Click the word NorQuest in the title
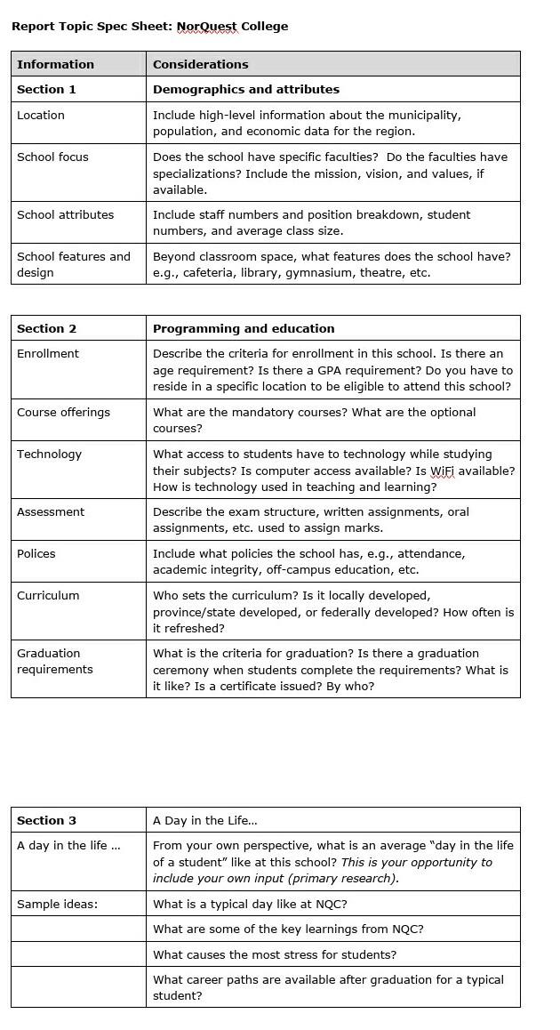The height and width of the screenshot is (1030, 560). coord(207,27)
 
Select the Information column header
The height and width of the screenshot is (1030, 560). coord(55,64)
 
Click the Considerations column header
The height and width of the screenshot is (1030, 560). coord(200,64)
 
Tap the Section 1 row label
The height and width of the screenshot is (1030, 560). coord(46,89)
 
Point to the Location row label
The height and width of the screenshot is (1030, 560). coord(41,115)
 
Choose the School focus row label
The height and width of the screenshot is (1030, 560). coord(52,157)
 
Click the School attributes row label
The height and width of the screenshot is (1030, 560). coord(65,214)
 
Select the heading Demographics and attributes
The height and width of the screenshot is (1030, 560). coord(245,89)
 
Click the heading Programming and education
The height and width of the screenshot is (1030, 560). coord(244,328)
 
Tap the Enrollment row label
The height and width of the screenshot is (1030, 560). coord(48,353)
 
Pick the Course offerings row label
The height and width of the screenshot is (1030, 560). coord(63,412)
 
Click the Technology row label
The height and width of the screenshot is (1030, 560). coord(49,454)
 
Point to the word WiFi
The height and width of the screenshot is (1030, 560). coord(442,470)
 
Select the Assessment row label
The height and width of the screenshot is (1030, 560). coord(51,511)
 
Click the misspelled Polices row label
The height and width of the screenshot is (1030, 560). coord(36,553)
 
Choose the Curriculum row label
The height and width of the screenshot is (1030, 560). coord(48,595)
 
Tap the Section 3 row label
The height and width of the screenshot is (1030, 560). coord(46,820)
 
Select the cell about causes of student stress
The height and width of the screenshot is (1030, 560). coord(275,954)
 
